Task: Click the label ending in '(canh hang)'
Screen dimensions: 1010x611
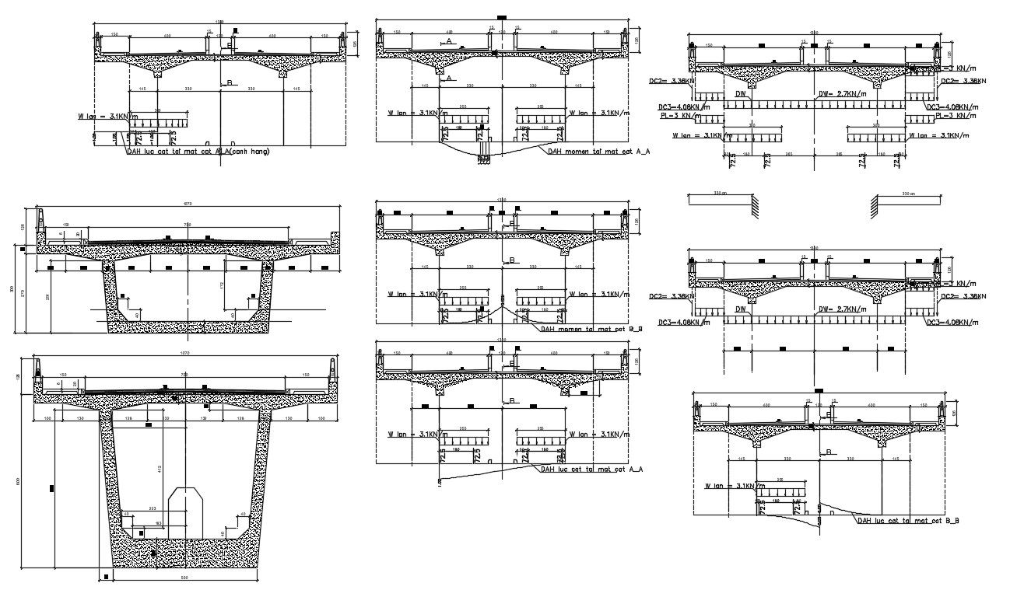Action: (x=198, y=152)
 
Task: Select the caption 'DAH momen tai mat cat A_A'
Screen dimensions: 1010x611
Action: (x=598, y=152)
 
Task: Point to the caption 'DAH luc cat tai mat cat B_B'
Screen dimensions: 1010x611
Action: (x=907, y=520)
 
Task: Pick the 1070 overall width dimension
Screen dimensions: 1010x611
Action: (x=185, y=354)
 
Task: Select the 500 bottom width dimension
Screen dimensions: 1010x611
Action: (x=185, y=578)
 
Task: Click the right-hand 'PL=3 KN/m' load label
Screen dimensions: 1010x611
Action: (x=950, y=116)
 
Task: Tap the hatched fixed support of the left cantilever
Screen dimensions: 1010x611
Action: (x=754, y=203)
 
